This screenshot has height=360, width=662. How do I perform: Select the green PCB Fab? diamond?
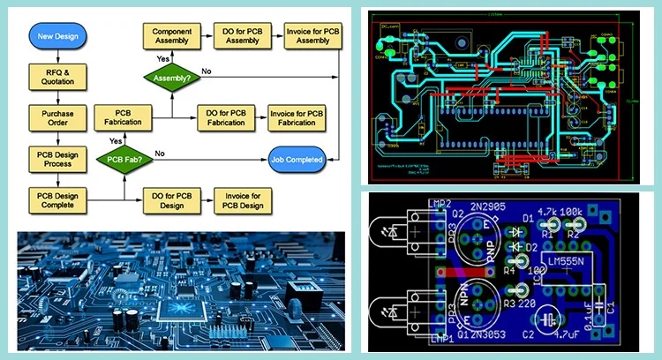click(124, 160)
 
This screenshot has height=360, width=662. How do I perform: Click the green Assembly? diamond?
click(172, 77)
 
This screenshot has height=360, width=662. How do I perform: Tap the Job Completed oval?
click(297, 160)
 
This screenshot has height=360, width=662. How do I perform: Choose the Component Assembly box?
click(172, 36)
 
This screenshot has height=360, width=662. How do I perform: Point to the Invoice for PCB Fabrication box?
click(297, 117)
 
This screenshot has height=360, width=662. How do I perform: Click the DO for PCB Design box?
click(170, 199)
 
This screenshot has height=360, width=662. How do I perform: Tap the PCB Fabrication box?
click(124, 117)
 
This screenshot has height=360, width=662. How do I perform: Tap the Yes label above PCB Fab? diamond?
click(116, 140)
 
